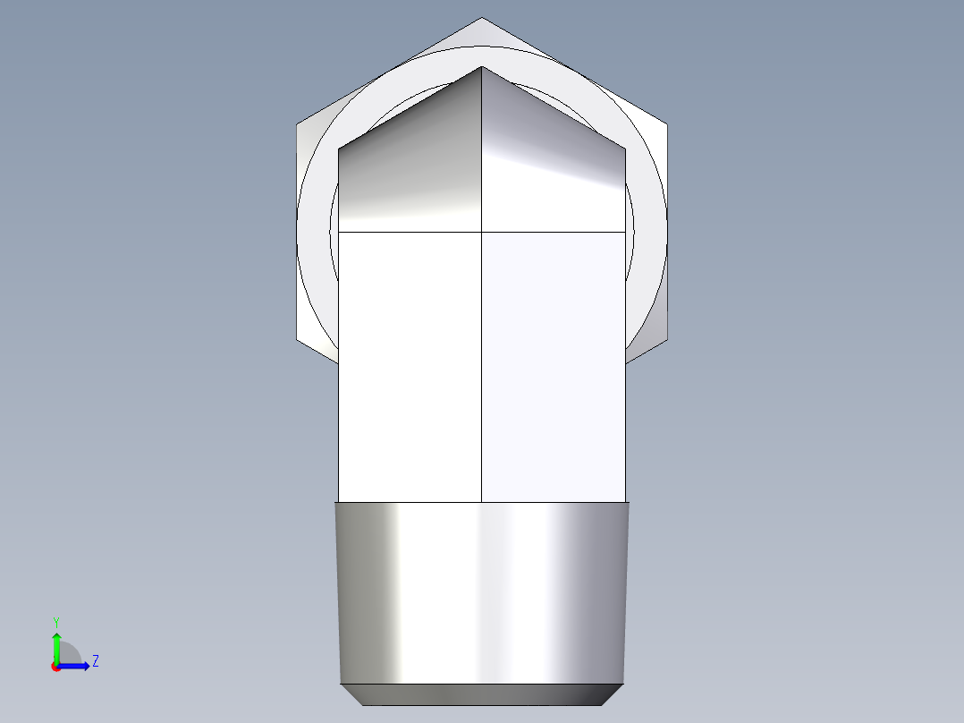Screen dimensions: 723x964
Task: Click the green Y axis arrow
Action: pos(56,642)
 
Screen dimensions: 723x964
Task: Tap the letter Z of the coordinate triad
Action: pos(95,661)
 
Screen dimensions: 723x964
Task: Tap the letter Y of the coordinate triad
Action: pos(55,621)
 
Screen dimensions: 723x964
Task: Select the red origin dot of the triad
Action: pos(55,667)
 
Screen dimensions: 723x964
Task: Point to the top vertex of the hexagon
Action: pos(481,18)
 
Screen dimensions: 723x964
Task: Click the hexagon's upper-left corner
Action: pos(297,124)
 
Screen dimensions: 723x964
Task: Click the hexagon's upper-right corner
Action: pos(666,124)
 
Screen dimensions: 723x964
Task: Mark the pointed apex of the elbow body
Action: pos(482,66)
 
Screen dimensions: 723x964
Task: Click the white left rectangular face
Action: pos(410,367)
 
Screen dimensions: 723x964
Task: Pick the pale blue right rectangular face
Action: pos(553,367)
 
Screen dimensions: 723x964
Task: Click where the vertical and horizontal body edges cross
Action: pos(482,232)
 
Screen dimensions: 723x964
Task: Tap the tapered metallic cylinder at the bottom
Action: pos(481,591)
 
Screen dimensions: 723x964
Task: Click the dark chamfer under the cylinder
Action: pos(481,693)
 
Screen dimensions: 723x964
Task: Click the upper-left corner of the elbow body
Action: pos(339,150)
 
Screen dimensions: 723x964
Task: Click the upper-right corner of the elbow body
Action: pos(624,150)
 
